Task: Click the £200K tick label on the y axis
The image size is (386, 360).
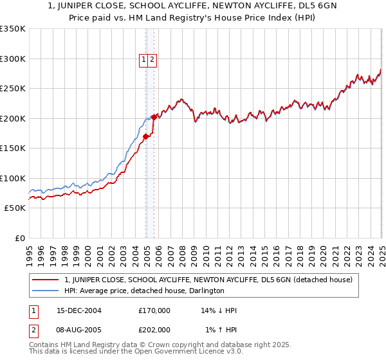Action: tap(14, 118)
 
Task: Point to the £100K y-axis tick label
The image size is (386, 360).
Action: tap(14, 178)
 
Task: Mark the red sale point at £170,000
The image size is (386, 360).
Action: tap(146, 136)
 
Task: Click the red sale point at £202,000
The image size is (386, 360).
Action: tap(154, 117)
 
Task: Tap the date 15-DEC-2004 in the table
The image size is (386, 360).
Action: tap(79, 310)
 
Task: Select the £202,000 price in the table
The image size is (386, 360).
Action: tap(154, 330)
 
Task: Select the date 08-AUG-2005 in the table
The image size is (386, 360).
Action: tap(79, 330)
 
